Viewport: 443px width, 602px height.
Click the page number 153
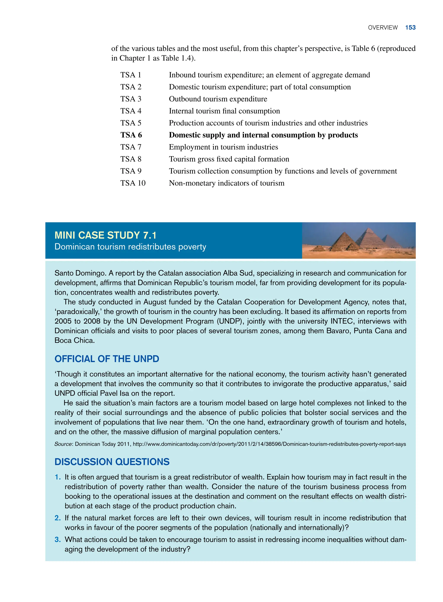click(x=410, y=28)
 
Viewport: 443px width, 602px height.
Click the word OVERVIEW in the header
click(x=383, y=28)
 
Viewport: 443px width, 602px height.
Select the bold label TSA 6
click(x=131, y=135)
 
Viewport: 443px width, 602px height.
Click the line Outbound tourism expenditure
click(x=218, y=99)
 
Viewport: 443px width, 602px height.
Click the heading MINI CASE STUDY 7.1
click(x=105, y=235)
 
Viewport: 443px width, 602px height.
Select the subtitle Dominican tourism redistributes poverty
click(x=130, y=247)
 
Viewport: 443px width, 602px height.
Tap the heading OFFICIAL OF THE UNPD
click(x=107, y=359)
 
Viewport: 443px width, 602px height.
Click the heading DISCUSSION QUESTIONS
click(x=112, y=462)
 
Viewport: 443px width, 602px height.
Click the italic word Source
click(x=64, y=444)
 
